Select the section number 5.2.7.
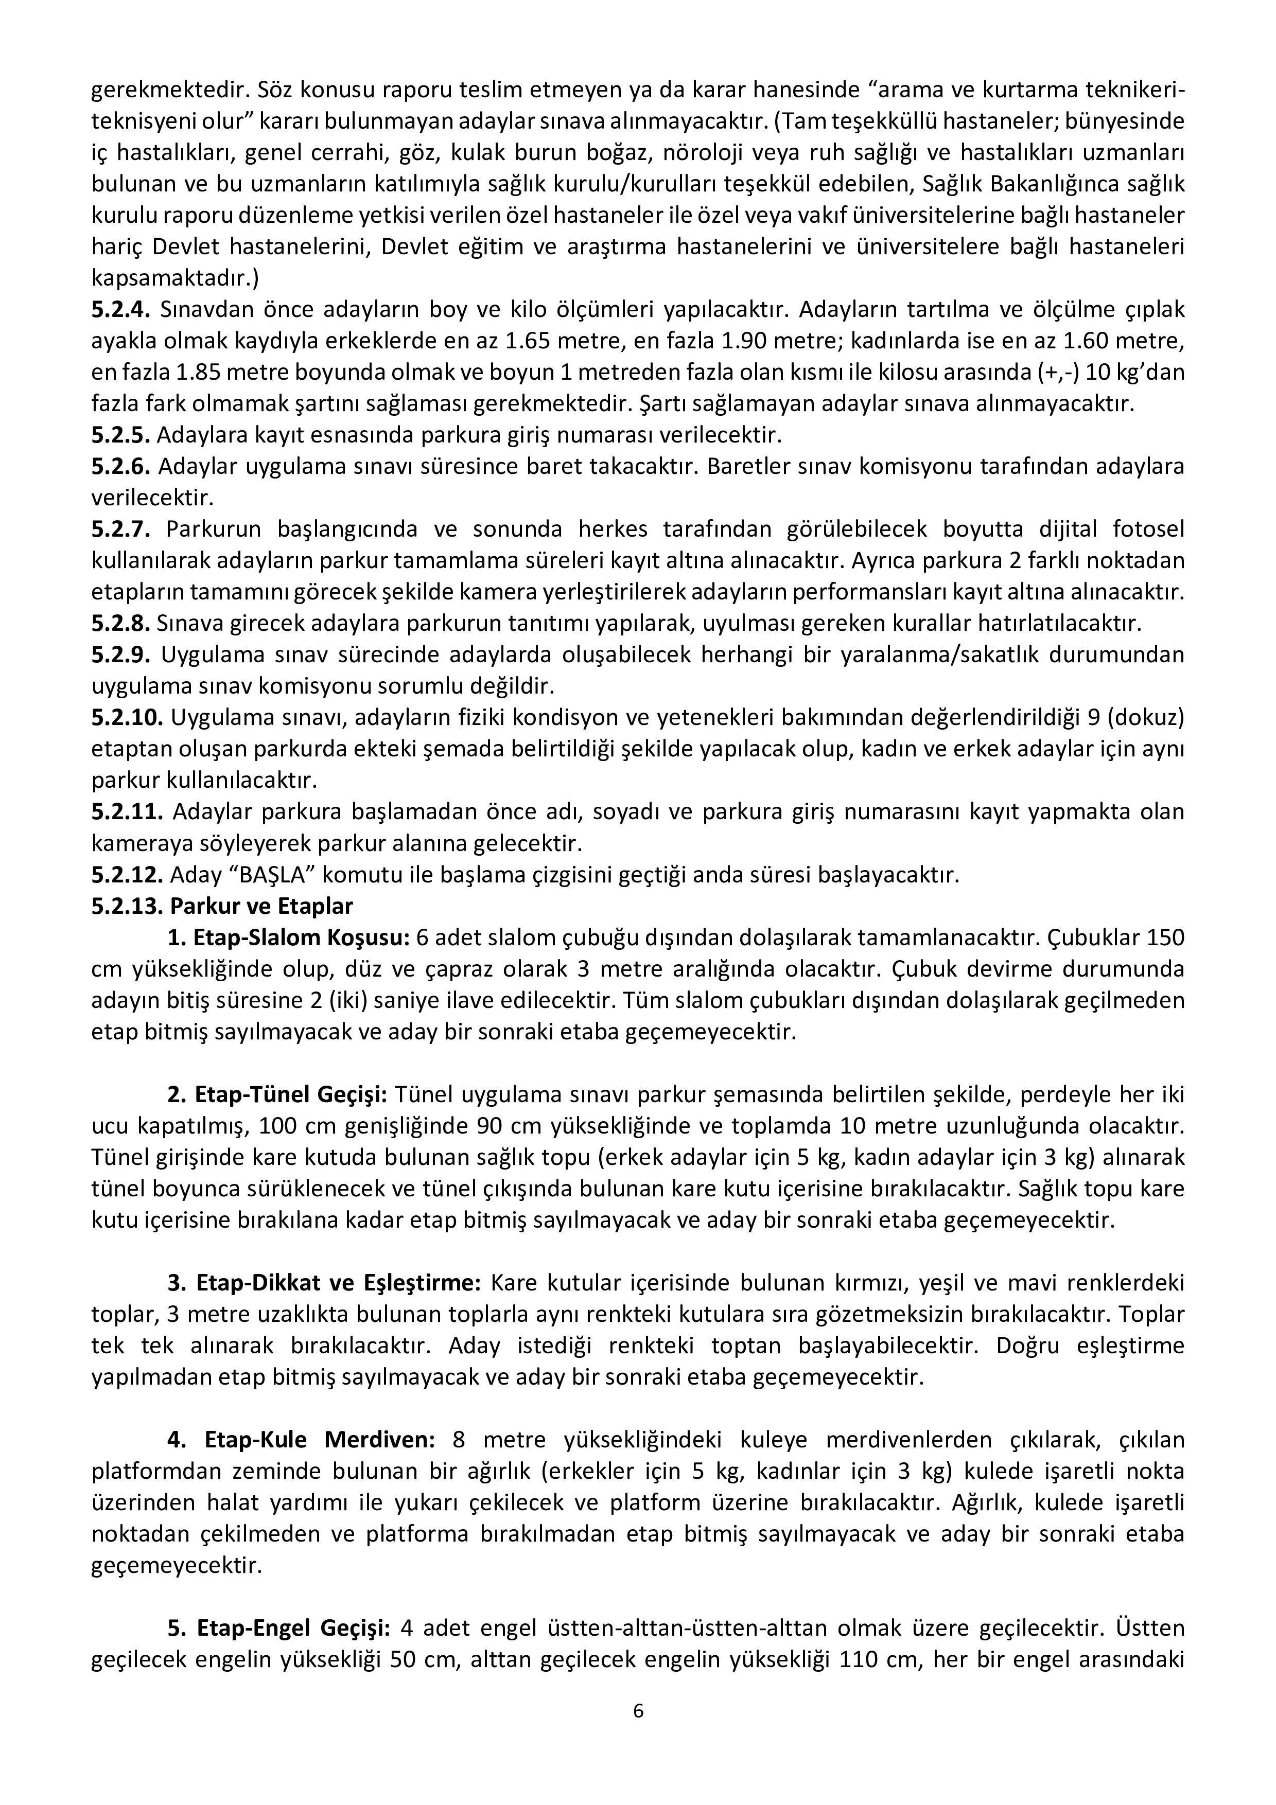coord(120,530)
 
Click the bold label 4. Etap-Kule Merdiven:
coord(300,1440)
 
